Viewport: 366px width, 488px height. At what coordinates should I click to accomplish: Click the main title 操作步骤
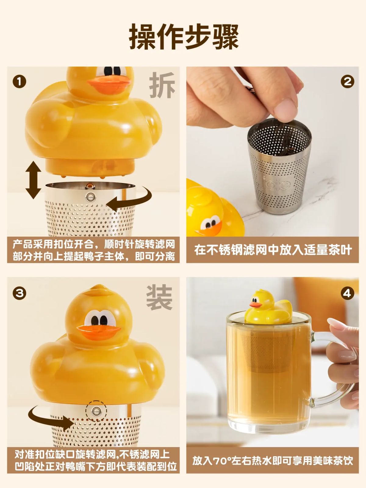184,37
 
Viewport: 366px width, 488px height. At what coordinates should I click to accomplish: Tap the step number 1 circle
19,82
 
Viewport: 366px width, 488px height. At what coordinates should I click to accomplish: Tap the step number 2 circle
347,81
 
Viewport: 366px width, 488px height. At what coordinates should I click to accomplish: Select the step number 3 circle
19,293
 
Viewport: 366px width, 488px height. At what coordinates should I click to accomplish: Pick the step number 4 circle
347,293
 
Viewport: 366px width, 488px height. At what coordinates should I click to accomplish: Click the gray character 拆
162,85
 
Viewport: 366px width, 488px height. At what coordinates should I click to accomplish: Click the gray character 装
159,297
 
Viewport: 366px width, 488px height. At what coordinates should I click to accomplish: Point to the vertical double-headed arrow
33,180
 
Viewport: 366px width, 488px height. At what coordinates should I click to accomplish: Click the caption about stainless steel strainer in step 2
273,250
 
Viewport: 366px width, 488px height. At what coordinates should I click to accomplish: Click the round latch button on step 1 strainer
91,197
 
